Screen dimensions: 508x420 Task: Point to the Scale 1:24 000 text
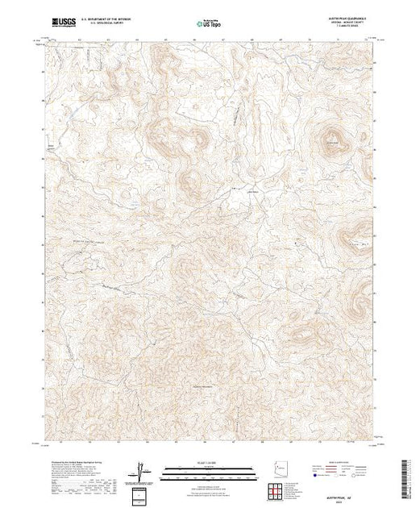tap(210, 462)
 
